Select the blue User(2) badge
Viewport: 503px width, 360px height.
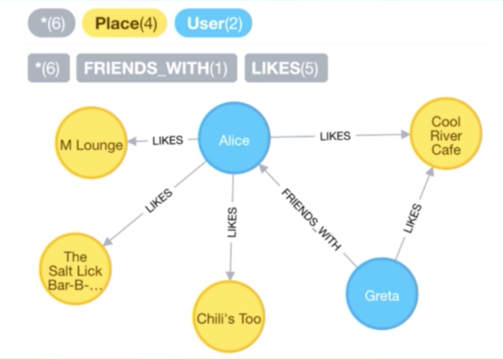click(213, 24)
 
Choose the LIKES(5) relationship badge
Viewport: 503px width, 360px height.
click(286, 69)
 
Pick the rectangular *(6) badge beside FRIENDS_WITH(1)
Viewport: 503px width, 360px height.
click(48, 69)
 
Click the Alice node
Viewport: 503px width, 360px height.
click(234, 140)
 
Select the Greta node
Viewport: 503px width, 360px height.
click(381, 295)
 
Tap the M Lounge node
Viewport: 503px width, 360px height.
click(90, 144)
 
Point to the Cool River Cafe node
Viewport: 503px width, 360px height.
click(445, 135)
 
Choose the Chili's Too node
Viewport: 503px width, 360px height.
click(229, 318)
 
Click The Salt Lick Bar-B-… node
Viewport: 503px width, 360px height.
click(75, 269)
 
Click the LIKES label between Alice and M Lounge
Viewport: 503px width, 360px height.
click(168, 140)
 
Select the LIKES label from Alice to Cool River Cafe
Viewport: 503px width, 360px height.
click(335, 136)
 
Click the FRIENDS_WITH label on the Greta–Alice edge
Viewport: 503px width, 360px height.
click(311, 219)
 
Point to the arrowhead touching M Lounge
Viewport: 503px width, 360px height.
click(132, 141)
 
